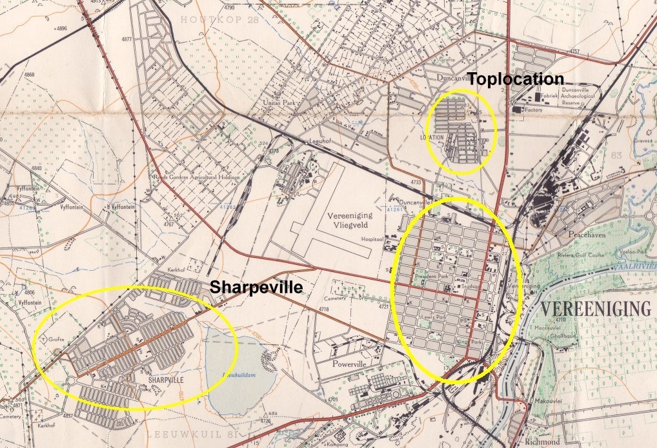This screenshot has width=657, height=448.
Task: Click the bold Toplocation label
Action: [x=516, y=79]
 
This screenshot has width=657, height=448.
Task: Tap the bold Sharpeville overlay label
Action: [x=256, y=287]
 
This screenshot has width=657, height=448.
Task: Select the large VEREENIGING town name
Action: [x=595, y=309]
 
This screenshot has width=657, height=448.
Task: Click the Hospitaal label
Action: [x=372, y=239]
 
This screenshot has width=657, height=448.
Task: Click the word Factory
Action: [x=537, y=110]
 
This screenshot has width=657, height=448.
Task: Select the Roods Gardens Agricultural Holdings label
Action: [x=196, y=177]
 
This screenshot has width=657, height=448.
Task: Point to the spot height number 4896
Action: [x=61, y=29]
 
